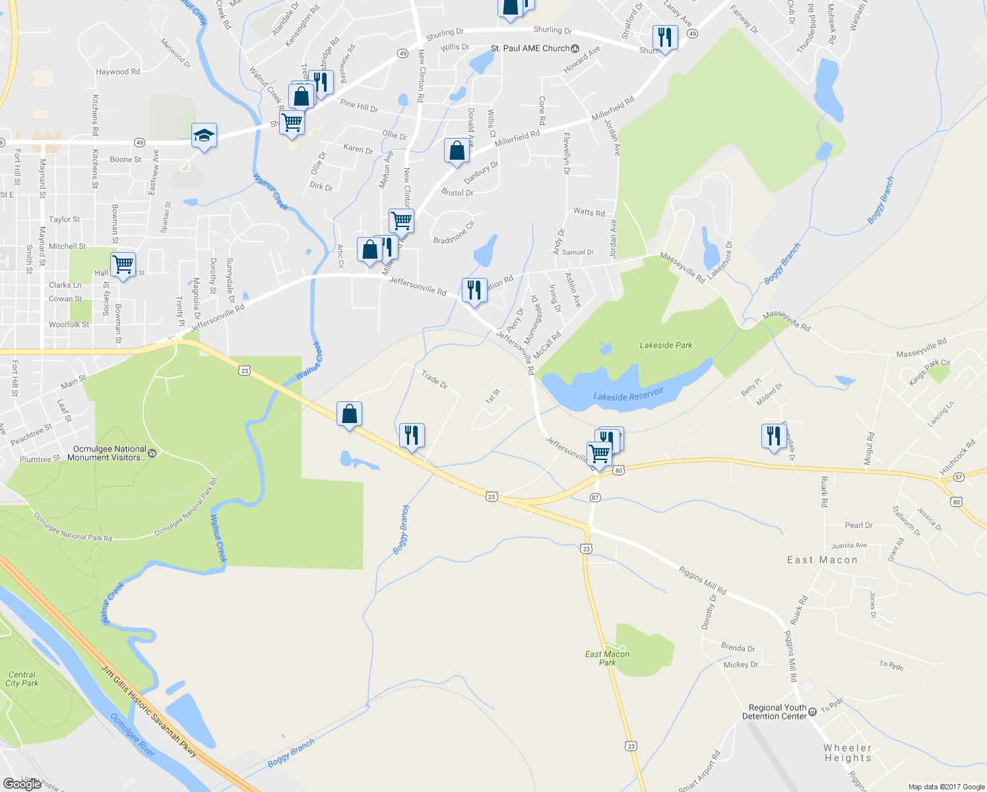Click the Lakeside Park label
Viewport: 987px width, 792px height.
(x=666, y=345)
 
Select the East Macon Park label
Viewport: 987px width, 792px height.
(x=607, y=658)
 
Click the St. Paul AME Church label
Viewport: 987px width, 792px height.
(x=530, y=48)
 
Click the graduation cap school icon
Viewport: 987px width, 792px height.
(x=204, y=136)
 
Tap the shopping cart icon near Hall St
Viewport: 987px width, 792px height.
(x=123, y=265)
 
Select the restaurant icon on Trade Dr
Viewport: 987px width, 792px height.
(x=411, y=436)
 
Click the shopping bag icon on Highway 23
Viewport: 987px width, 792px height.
(x=349, y=414)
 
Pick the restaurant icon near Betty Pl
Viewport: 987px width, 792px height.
(x=773, y=436)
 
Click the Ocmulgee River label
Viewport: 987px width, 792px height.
(x=133, y=735)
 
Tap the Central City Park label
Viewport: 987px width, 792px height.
(x=22, y=679)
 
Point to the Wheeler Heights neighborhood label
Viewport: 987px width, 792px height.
(x=848, y=752)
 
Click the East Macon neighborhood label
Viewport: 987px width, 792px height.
(x=822, y=560)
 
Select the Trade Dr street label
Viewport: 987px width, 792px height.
(x=434, y=379)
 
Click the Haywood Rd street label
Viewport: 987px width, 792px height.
(x=117, y=72)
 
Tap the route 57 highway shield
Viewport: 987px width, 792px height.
(x=959, y=477)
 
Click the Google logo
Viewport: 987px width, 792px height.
(x=22, y=783)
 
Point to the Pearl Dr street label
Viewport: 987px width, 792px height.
(x=858, y=525)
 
